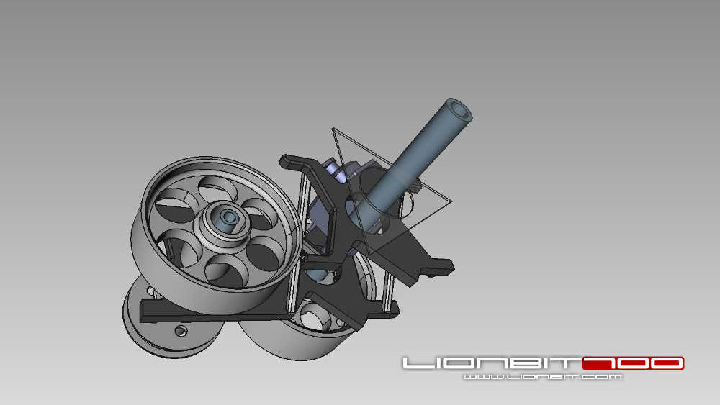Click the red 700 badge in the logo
pos(633,363)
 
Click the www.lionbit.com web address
pos(543,377)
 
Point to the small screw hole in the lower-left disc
pos(181,331)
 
